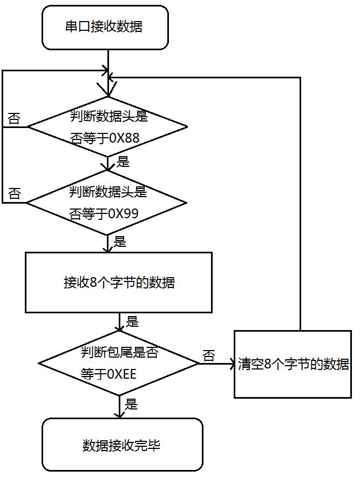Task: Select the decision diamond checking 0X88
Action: (x=108, y=127)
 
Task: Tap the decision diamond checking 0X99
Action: (x=107, y=203)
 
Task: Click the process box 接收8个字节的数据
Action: (x=119, y=283)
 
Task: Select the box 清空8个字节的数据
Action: (x=293, y=364)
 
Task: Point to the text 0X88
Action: (x=124, y=138)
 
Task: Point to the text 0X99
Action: (x=123, y=214)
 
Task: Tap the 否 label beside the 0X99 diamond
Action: (x=14, y=194)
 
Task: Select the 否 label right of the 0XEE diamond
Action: (x=208, y=355)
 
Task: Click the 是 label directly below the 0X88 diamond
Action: (x=123, y=162)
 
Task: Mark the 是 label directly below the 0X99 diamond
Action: (x=119, y=241)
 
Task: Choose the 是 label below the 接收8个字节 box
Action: (x=132, y=322)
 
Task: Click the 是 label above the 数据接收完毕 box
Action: (x=131, y=404)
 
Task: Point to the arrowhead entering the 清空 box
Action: (x=230, y=364)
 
